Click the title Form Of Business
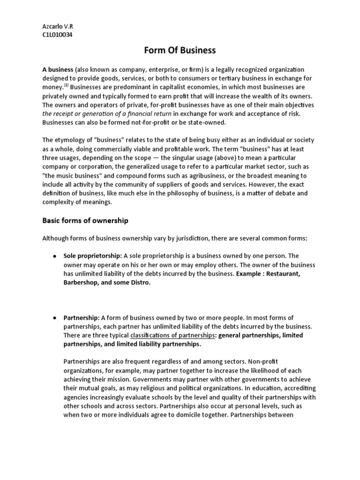tap(180, 50)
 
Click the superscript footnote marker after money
tap(67, 85)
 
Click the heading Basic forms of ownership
tap(85, 220)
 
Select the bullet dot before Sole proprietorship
tap(54, 256)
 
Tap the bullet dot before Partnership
tap(54, 318)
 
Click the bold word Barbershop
tap(80, 283)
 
